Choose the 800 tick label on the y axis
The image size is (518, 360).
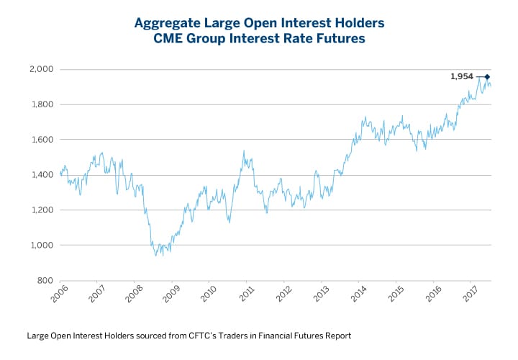pos(45,281)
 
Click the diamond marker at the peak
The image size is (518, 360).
pos(487,76)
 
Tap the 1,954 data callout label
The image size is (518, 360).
pos(462,76)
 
